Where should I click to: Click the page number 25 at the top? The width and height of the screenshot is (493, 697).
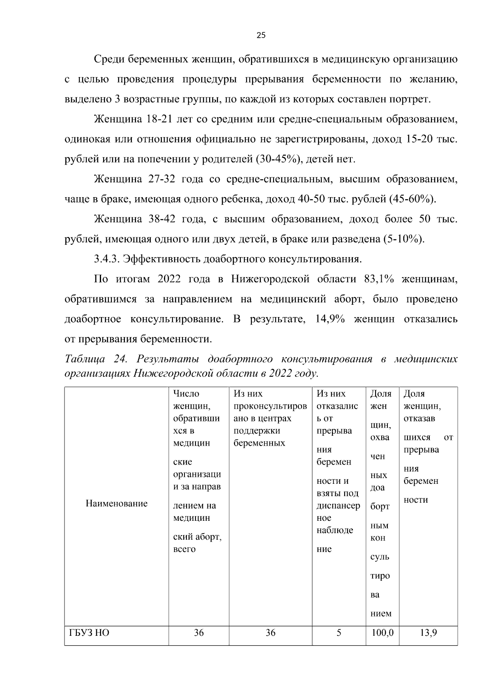261,35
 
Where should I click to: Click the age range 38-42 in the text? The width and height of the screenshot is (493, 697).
161,219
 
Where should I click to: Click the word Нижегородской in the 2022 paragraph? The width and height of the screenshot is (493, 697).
270,279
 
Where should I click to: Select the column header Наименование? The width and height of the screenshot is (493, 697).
116,504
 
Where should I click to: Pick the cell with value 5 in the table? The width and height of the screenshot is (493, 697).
339,633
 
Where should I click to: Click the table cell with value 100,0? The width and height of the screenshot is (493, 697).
382,633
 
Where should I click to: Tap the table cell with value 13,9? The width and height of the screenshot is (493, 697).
428,633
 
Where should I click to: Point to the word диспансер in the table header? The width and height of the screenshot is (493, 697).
338,506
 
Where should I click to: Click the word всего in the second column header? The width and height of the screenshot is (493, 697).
184,549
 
